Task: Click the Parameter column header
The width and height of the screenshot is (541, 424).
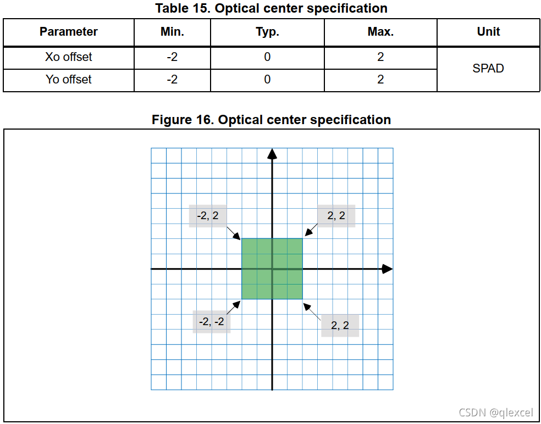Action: [69, 32]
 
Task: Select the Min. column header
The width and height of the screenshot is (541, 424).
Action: [172, 32]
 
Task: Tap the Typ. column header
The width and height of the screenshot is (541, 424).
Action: [267, 32]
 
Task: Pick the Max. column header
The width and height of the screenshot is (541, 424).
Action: [380, 32]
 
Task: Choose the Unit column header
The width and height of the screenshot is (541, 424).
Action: [488, 32]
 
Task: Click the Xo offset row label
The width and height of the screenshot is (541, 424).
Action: [69, 57]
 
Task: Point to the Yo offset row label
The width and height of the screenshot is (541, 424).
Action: [69, 80]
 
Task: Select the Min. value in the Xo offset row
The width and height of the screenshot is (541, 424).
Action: [172, 57]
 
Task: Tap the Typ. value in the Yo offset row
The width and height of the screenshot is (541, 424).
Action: [267, 80]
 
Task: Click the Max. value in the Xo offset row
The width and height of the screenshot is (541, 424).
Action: [380, 57]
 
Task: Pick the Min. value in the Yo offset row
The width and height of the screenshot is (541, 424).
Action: [172, 80]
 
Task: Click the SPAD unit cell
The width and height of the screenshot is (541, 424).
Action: [488, 69]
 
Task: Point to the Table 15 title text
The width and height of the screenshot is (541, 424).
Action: [271, 8]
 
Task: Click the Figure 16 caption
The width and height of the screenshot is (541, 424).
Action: [271, 120]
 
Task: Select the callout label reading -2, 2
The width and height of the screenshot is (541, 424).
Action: [208, 216]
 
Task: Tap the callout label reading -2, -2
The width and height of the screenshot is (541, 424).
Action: [212, 322]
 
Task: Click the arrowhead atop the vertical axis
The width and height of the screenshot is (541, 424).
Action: [272, 154]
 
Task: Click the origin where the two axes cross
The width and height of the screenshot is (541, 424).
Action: [272, 269]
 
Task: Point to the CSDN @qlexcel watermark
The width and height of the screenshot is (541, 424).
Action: [495, 412]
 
